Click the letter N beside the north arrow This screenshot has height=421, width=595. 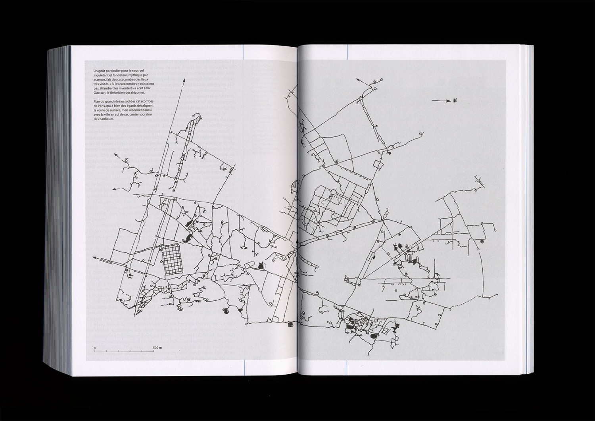coord(453,100)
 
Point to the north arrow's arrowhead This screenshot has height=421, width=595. coord(446,101)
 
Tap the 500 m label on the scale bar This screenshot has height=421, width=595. coord(157,348)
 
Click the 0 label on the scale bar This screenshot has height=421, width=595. coord(95,348)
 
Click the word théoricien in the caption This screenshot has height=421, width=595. coord(121,93)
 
